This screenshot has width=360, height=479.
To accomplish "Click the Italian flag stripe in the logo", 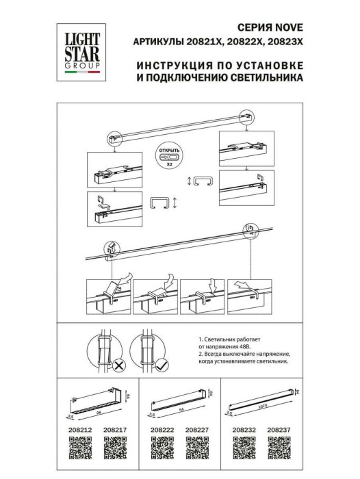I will point(80,71).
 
